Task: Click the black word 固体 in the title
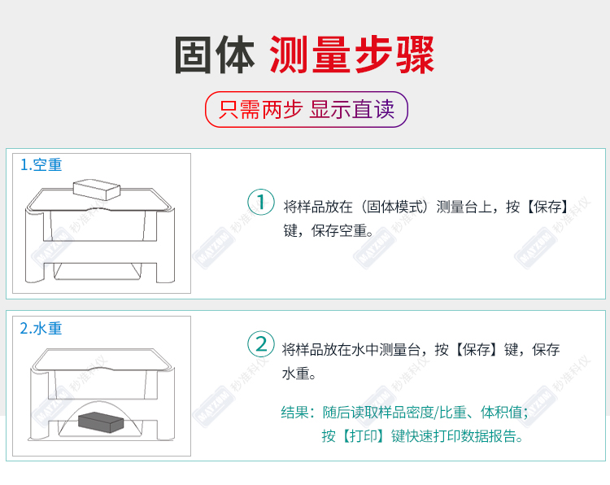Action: [x=215, y=55]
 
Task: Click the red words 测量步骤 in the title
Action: [x=351, y=55]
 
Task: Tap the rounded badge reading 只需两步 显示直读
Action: [x=307, y=109]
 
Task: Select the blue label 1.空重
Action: [x=41, y=165]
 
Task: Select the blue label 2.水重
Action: [x=41, y=329]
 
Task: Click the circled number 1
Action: [x=261, y=202]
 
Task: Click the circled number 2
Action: [x=261, y=344]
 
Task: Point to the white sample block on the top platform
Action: [x=97, y=190]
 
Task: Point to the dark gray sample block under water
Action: [x=101, y=422]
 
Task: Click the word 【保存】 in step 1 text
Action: [x=547, y=207]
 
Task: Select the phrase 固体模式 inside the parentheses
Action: [x=394, y=207]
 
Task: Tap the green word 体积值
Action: [x=502, y=412]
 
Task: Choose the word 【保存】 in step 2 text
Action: [x=476, y=350]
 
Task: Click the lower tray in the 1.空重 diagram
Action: [x=98, y=271]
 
